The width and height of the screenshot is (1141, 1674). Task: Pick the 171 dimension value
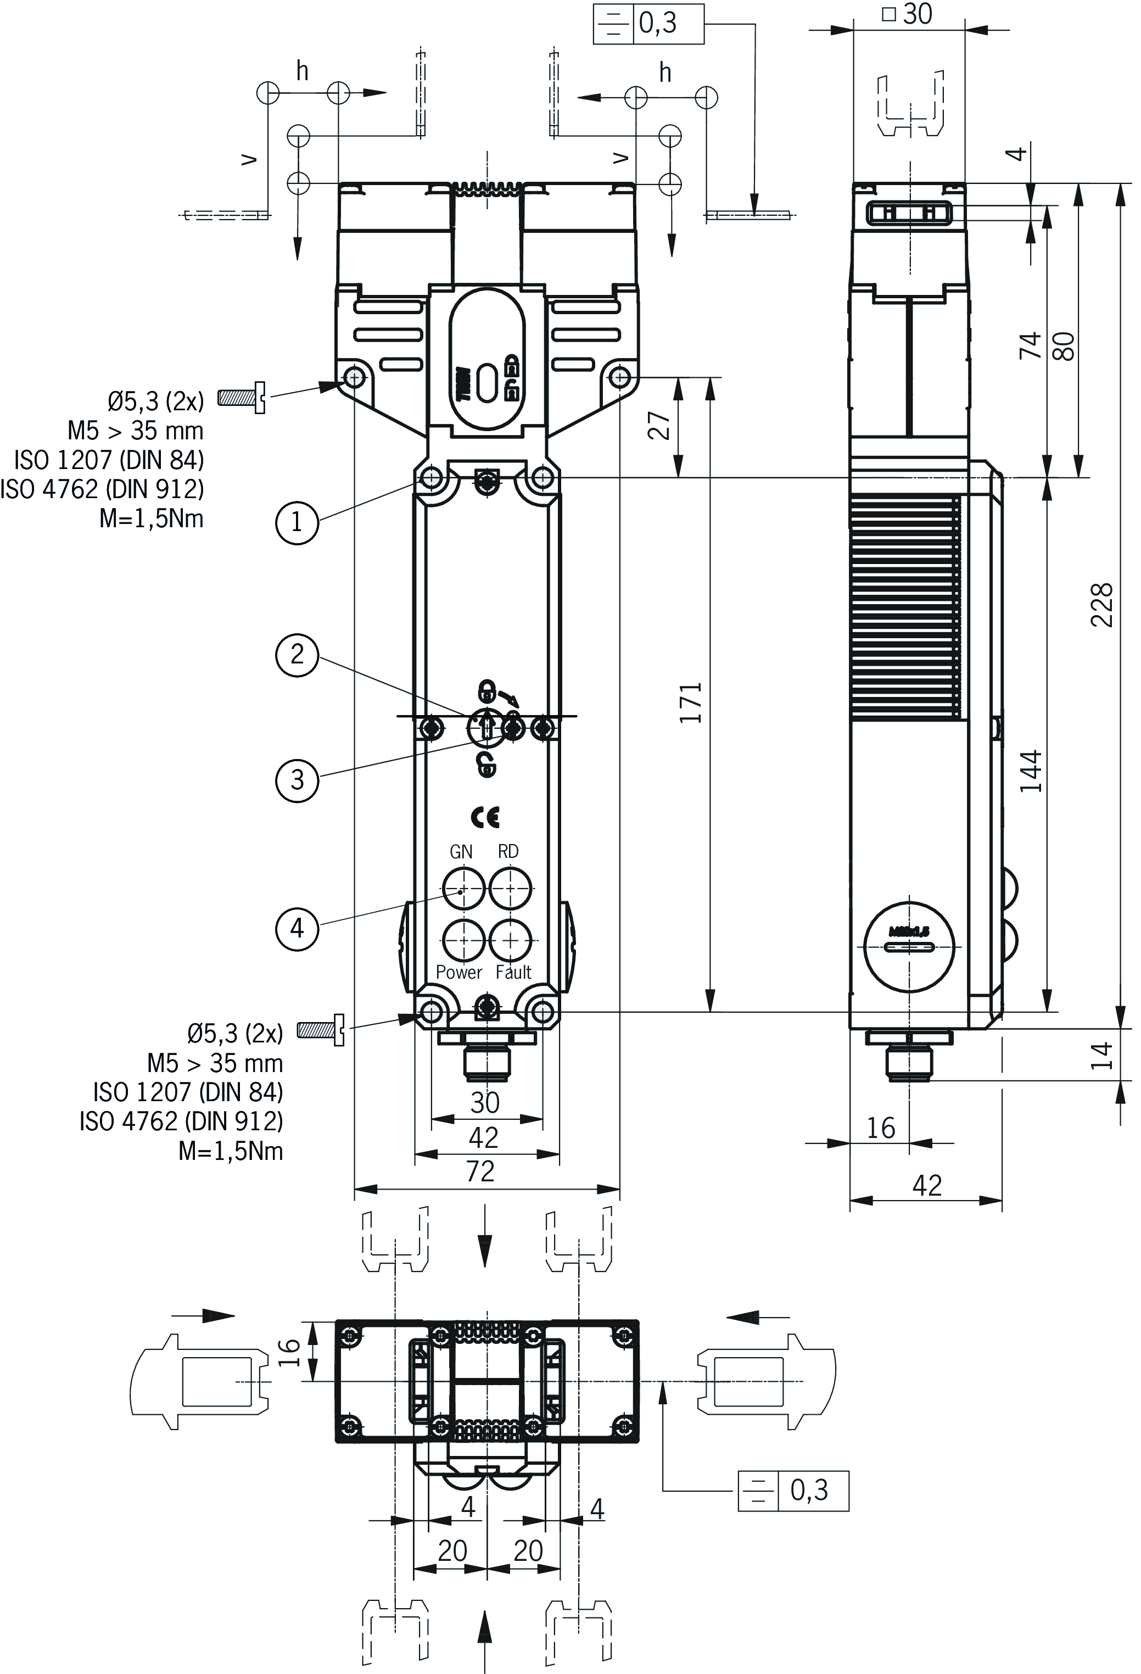(x=690, y=702)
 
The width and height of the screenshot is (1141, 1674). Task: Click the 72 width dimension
(x=480, y=1172)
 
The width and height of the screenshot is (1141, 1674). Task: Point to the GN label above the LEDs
(x=461, y=851)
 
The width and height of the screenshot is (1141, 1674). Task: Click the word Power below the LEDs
(x=459, y=973)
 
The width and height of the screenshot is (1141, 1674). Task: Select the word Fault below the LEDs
(x=513, y=973)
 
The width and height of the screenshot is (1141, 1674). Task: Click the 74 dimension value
(x=1030, y=346)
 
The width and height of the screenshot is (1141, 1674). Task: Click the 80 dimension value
(x=1065, y=346)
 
